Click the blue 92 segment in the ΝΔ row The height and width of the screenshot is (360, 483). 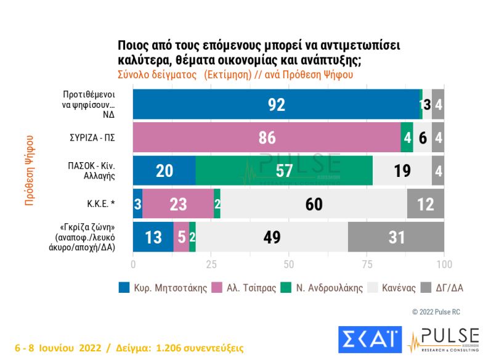277,105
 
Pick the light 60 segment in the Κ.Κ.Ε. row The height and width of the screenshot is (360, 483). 314,203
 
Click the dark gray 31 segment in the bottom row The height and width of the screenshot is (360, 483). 397,237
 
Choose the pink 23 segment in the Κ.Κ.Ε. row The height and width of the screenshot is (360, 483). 178,203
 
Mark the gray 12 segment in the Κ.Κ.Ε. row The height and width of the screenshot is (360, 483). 426,203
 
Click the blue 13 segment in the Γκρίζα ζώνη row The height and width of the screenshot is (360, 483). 153,237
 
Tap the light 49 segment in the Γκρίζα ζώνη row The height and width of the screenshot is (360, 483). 272,237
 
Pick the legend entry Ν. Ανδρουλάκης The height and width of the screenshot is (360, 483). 323,288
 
